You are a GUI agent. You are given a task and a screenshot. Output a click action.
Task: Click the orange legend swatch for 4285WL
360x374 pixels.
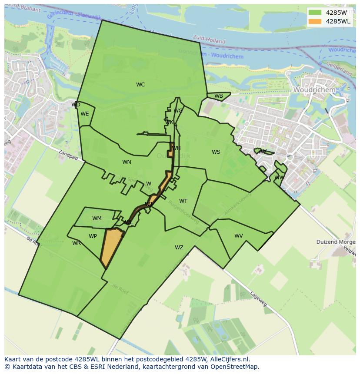pyautogui.click(x=315, y=21)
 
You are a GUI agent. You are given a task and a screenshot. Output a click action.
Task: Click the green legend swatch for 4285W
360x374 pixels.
pyautogui.click(x=315, y=13)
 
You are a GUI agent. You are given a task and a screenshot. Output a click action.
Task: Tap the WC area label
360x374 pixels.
pyautogui.click(x=140, y=85)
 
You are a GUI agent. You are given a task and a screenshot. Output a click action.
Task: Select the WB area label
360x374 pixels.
pyautogui.click(x=219, y=96)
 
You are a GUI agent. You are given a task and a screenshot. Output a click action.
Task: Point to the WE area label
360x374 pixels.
pyautogui.click(x=85, y=114)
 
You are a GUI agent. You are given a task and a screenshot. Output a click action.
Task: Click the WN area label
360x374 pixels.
pyautogui.click(x=127, y=162)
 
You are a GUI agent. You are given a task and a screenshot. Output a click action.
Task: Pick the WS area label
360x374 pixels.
pyautogui.click(x=216, y=152)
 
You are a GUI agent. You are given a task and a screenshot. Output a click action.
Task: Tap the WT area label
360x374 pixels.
pyautogui.click(x=183, y=201)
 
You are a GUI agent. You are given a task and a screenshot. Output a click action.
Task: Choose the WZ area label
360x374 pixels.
pyautogui.click(x=179, y=248)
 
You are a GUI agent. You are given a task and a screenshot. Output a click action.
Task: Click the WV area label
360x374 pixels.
pyautogui.click(x=239, y=236)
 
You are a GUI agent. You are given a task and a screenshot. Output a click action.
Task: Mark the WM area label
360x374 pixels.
pyautogui.click(x=97, y=218)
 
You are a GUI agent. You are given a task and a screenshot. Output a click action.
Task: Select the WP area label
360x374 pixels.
pyautogui.click(x=93, y=236)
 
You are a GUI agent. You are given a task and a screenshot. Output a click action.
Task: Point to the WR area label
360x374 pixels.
pyautogui.click(x=77, y=243)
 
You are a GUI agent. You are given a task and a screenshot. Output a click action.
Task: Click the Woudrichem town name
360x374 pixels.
pyautogui.click(x=314, y=89)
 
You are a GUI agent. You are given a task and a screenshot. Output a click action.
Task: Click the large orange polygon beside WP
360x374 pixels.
pyautogui.click(x=111, y=248)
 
